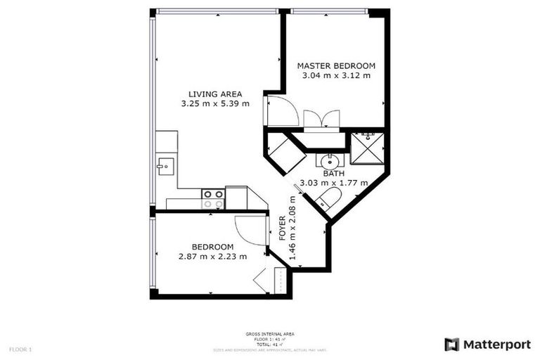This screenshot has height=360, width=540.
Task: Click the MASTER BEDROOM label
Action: [x=336, y=66]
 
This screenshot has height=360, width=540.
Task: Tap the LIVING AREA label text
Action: [x=215, y=94]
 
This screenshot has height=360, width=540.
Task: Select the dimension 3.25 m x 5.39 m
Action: [x=215, y=104]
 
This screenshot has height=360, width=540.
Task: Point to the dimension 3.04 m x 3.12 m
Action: [x=336, y=76]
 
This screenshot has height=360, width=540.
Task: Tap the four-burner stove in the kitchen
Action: [x=213, y=199]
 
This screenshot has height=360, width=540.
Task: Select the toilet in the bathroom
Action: [x=328, y=198]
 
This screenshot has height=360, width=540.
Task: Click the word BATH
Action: [x=332, y=174]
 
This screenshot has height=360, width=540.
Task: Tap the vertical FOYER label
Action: [x=283, y=228]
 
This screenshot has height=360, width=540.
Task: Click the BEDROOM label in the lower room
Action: [x=212, y=247]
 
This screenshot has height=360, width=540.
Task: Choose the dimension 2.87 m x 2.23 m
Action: [x=212, y=257]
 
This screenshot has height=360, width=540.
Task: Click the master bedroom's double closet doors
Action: [x=322, y=119]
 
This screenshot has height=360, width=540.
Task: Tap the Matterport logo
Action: [x=488, y=345]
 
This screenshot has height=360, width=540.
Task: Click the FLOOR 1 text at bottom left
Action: [x=20, y=349]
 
